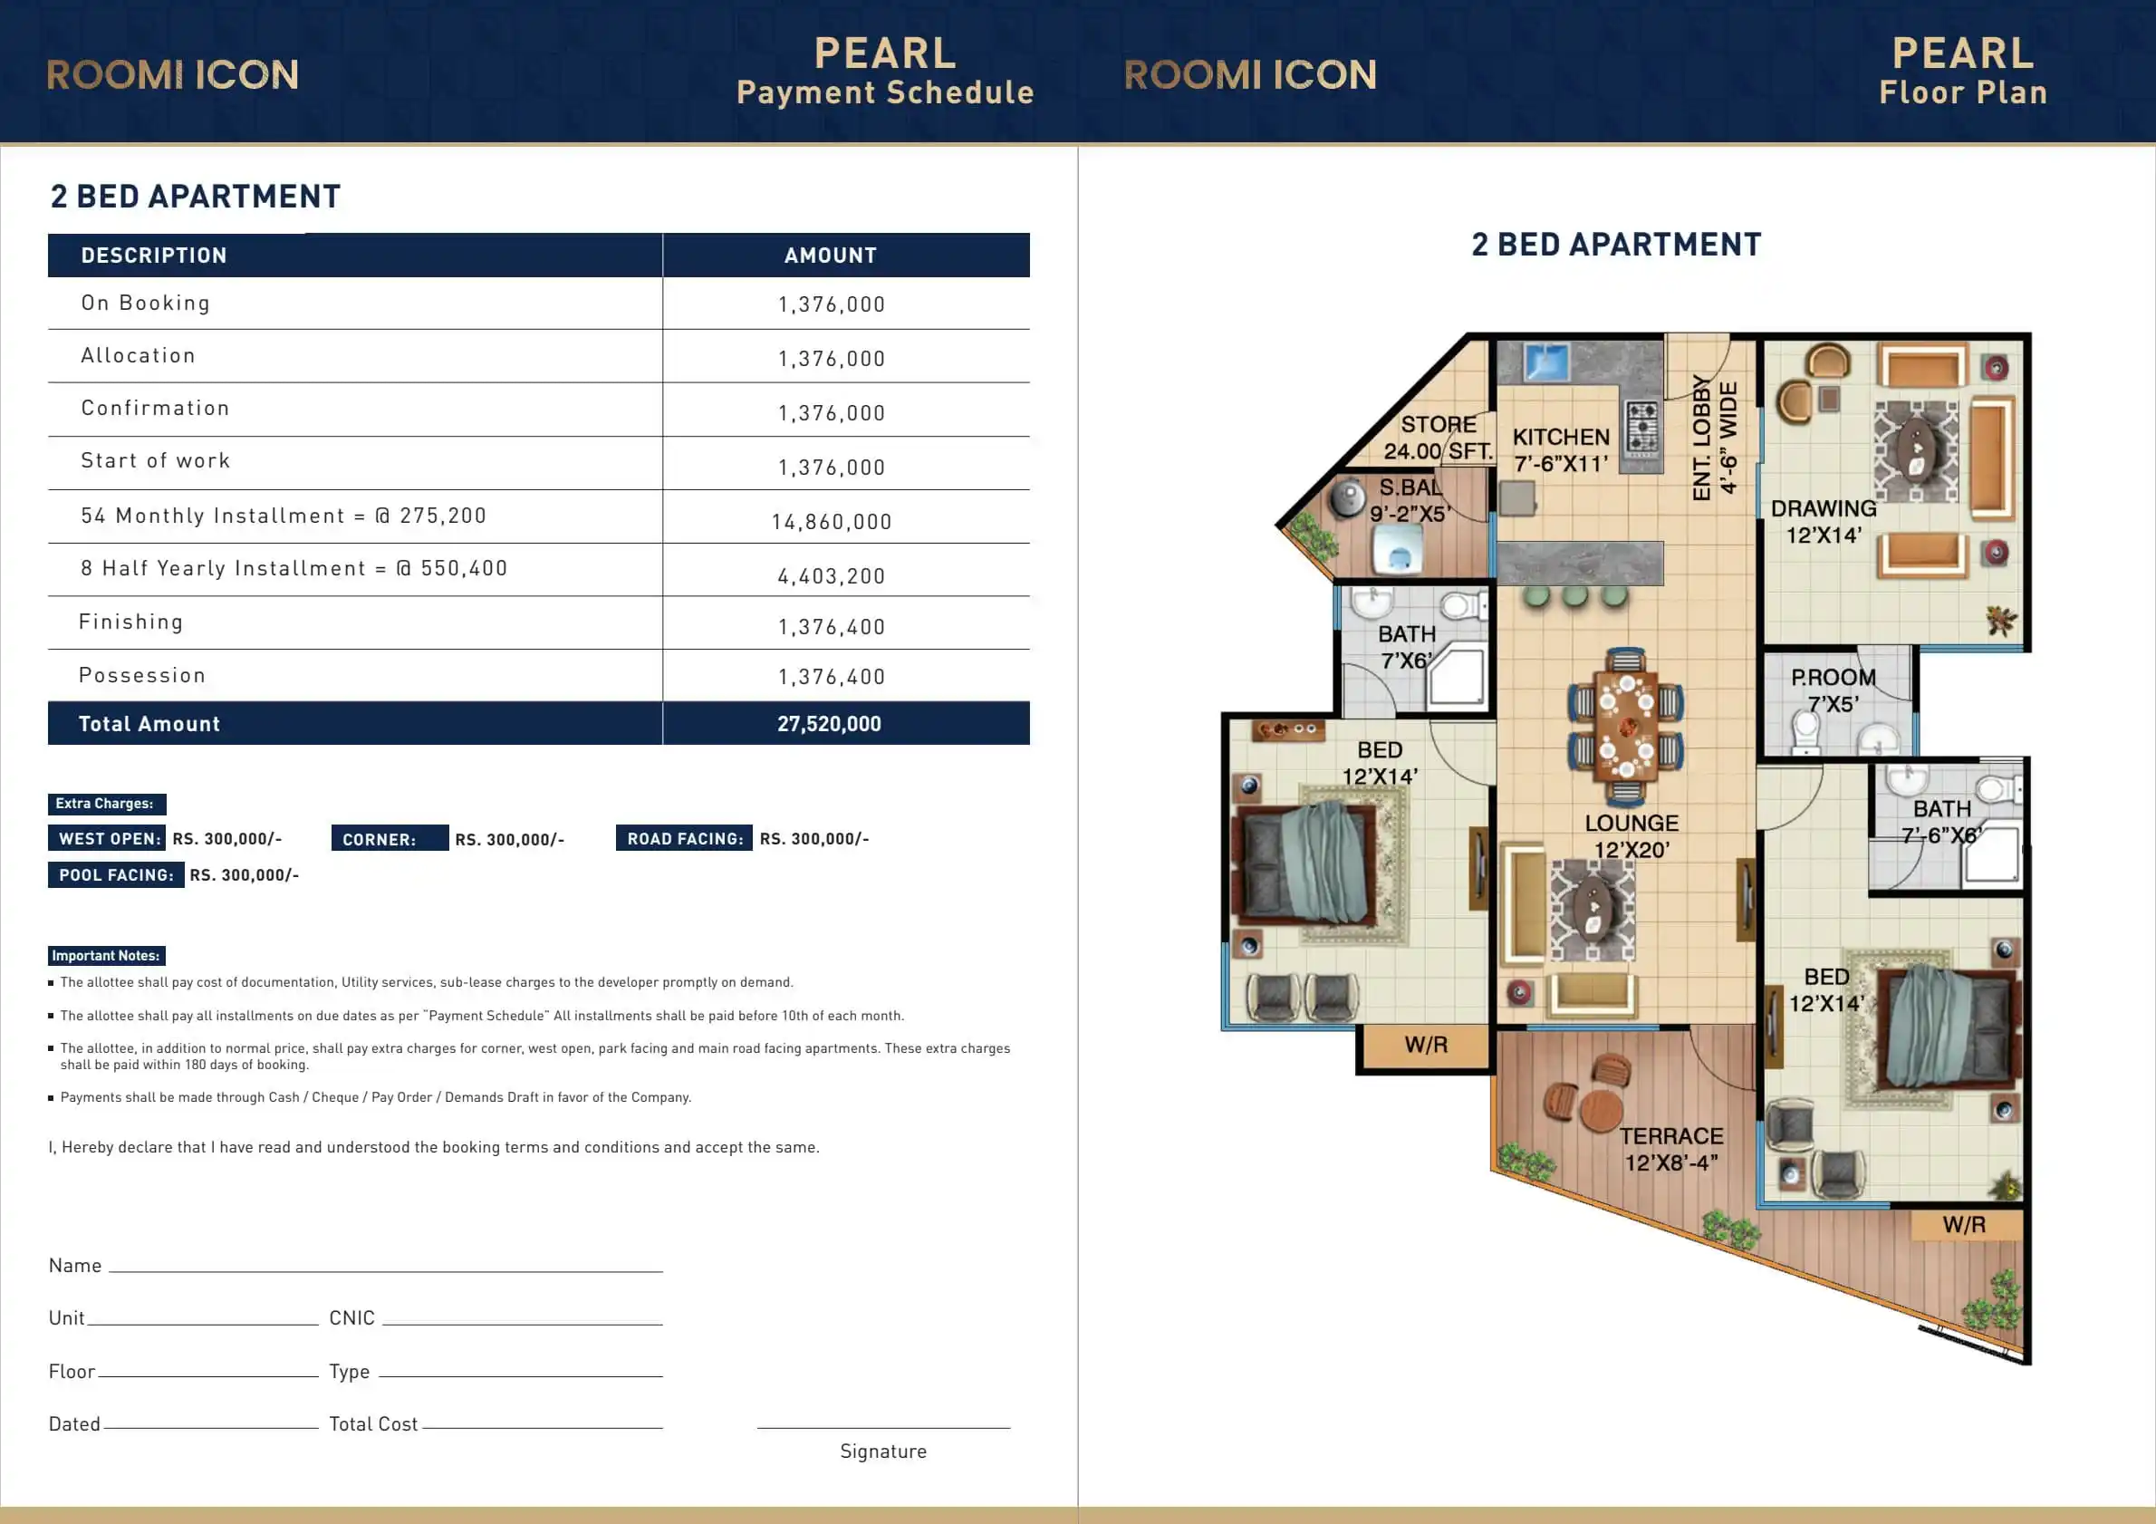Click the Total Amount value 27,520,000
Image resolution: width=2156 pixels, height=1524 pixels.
pyautogui.click(x=829, y=724)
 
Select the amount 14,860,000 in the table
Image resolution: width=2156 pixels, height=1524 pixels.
pyautogui.click(x=832, y=522)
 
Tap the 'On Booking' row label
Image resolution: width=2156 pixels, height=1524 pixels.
pyautogui.click(x=146, y=304)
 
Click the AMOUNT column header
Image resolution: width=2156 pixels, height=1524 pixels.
pyautogui.click(x=831, y=256)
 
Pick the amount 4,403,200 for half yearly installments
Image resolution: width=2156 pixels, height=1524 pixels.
pyautogui.click(x=832, y=576)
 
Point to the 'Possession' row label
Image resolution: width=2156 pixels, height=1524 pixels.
pyautogui.click(x=142, y=675)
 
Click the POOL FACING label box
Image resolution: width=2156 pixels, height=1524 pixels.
pyautogui.click(x=117, y=875)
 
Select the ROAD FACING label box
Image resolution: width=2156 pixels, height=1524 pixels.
pyautogui.click(x=685, y=838)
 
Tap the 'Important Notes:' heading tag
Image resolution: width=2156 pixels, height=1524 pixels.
pyautogui.click(x=106, y=956)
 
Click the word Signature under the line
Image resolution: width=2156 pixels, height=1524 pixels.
pyautogui.click(x=883, y=1452)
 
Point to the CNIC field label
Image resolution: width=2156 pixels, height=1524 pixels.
pyautogui.click(x=352, y=1318)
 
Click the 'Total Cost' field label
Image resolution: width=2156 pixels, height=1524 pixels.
pyautogui.click(x=374, y=1424)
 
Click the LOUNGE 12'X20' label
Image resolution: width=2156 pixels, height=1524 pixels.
pyautogui.click(x=1632, y=836)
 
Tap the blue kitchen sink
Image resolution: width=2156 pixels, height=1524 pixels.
pyautogui.click(x=1547, y=362)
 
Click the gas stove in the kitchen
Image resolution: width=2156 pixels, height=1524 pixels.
pyautogui.click(x=1642, y=429)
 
